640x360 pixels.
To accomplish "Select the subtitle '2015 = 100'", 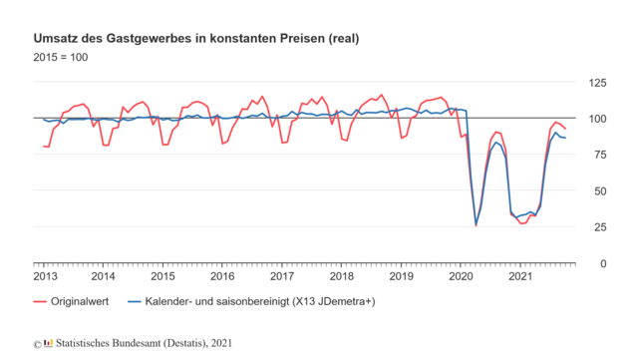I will tap(61, 57).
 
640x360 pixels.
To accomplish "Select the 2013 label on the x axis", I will tap(46, 276).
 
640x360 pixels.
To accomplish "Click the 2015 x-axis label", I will tap(163, 276).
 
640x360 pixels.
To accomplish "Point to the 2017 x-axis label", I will tap(282, 276).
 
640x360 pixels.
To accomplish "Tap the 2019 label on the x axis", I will tap(401, 276).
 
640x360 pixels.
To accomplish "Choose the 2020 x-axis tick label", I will tap(460, 276).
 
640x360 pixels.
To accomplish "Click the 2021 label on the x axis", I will tap(519, 276).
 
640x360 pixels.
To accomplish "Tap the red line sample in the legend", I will tap(41, 300).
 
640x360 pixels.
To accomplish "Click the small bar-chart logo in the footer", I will tap(47, 344).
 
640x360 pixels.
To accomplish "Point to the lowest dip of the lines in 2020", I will tap(476, 224).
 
